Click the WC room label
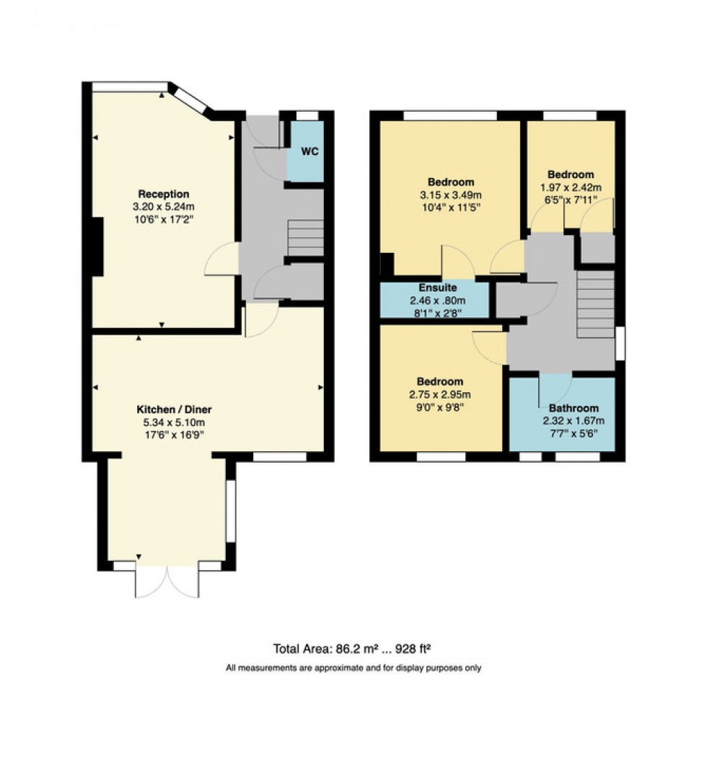(309, 152)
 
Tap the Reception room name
(164, 194)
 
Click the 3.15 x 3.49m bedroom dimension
(450, 195)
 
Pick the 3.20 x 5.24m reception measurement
(164, 207)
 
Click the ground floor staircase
(305, 239)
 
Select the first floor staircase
(595, 303)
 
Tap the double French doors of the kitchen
(167, 580)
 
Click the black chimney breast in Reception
(97, 247)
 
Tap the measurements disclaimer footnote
(353, 668)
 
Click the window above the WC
(307, 115)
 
